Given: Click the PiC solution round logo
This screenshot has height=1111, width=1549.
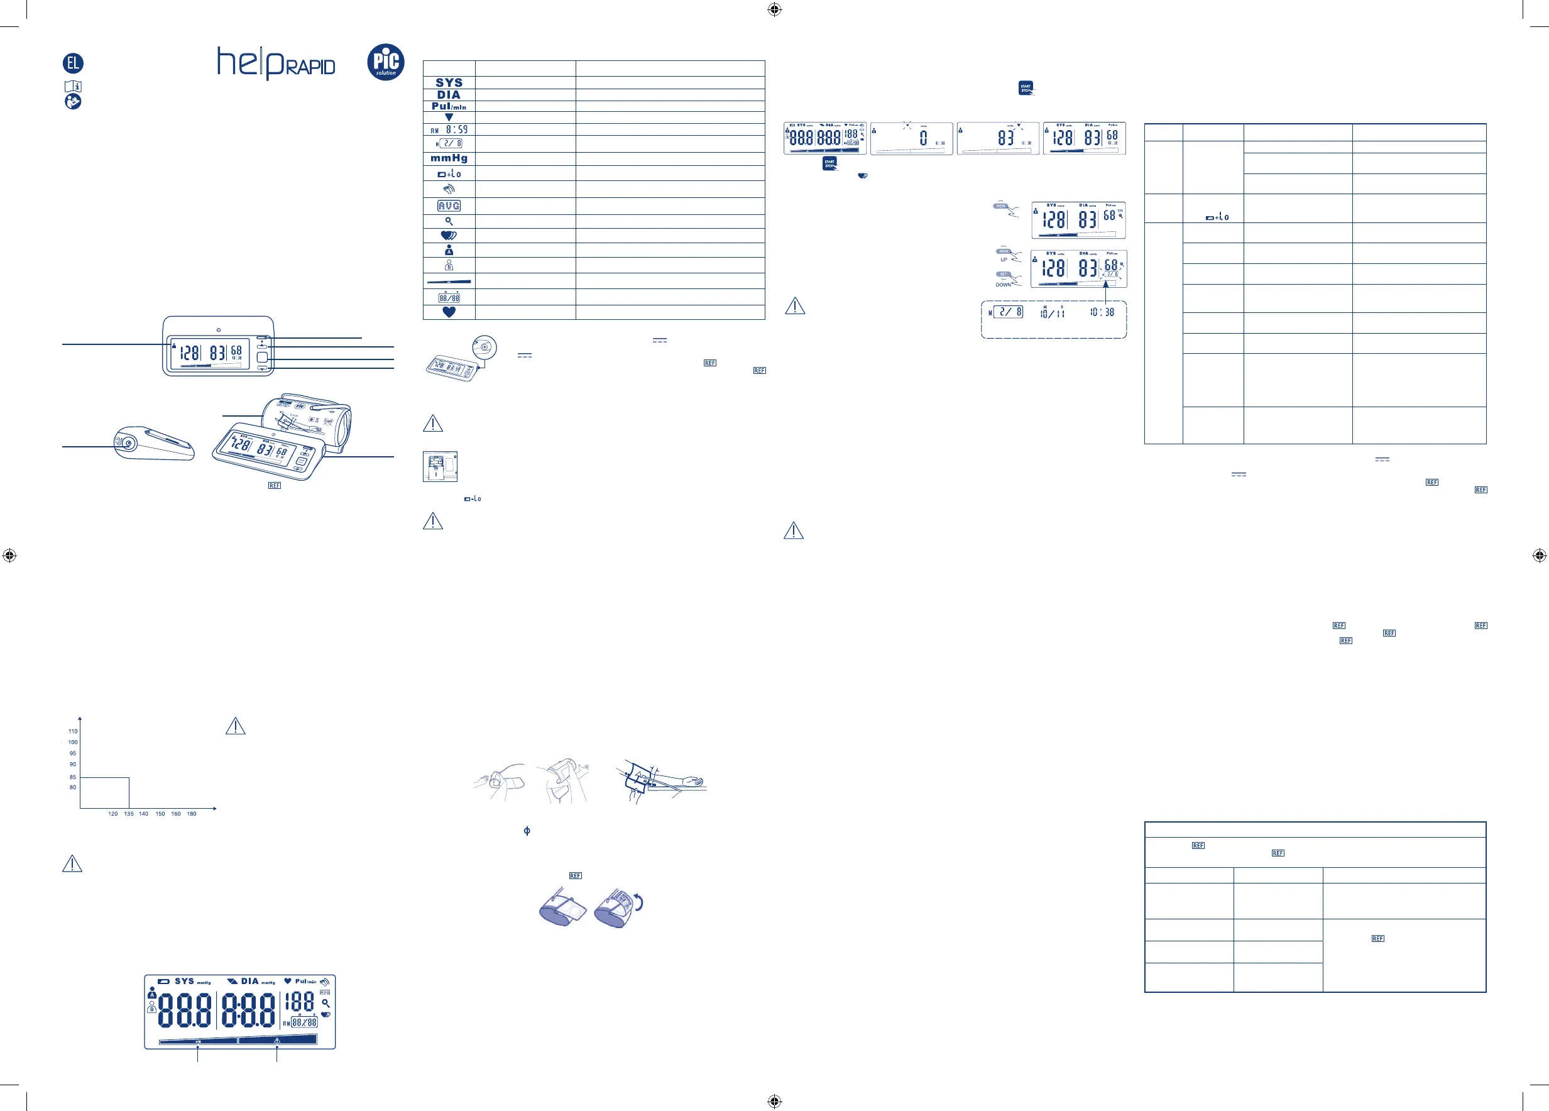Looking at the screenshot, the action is (385, 62).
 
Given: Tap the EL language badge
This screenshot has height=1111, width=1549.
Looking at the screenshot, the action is (73, 63).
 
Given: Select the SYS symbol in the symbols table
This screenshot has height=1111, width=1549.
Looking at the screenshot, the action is (449, 82).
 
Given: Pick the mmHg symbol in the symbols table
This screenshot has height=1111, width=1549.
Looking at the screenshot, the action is (449, 158).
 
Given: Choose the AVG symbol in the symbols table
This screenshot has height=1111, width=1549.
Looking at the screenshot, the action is (449, 205).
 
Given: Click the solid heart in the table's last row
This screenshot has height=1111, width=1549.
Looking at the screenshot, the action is (449, 312).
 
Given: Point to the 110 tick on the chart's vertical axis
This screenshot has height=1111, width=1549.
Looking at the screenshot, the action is (73, 731).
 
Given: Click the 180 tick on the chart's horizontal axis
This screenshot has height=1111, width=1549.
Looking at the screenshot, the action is (192, 814).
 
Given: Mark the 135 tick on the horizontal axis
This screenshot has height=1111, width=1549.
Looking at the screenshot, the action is (129, 814).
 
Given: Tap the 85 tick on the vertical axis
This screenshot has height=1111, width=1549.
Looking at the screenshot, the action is (73, 777).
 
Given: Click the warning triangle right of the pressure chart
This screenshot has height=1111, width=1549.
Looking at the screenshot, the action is (235, 726).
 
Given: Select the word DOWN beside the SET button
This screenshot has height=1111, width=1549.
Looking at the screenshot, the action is (1003, 285).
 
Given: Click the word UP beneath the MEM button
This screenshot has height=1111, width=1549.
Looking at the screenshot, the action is (1004, 260).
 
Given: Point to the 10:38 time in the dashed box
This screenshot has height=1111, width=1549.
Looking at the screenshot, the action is (1102, 312).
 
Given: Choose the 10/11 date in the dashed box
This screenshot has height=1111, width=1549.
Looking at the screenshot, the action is (1052, 313).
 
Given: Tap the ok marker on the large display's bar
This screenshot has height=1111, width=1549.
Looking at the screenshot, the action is (198, 1041).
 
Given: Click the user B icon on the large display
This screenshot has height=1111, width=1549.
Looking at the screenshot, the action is (151, 1009).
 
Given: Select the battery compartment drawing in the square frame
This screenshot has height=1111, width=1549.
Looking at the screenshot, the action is (440, 466).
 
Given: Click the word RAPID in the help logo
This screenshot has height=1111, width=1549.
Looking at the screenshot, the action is (310, 67).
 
